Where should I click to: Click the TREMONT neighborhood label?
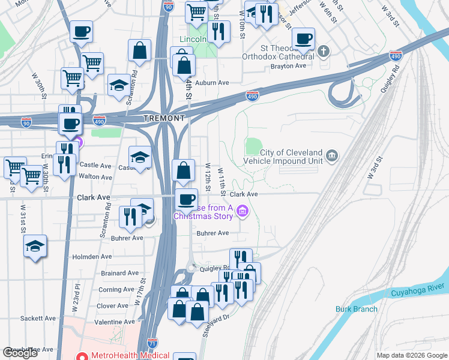click(164, 118)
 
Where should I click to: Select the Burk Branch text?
click(357, 309)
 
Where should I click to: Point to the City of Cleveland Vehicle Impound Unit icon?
click(332, 157)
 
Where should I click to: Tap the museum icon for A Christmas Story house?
click(243, 211)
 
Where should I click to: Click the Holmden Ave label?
click(92, 256)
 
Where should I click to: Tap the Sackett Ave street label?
click(38, 319)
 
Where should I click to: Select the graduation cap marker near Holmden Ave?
click(35, 246)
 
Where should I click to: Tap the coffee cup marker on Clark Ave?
click(185, 199)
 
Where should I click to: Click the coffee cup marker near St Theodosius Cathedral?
click(304, 39)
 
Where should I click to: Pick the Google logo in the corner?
click(20, 353)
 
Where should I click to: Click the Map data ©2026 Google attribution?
click(412, 355)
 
